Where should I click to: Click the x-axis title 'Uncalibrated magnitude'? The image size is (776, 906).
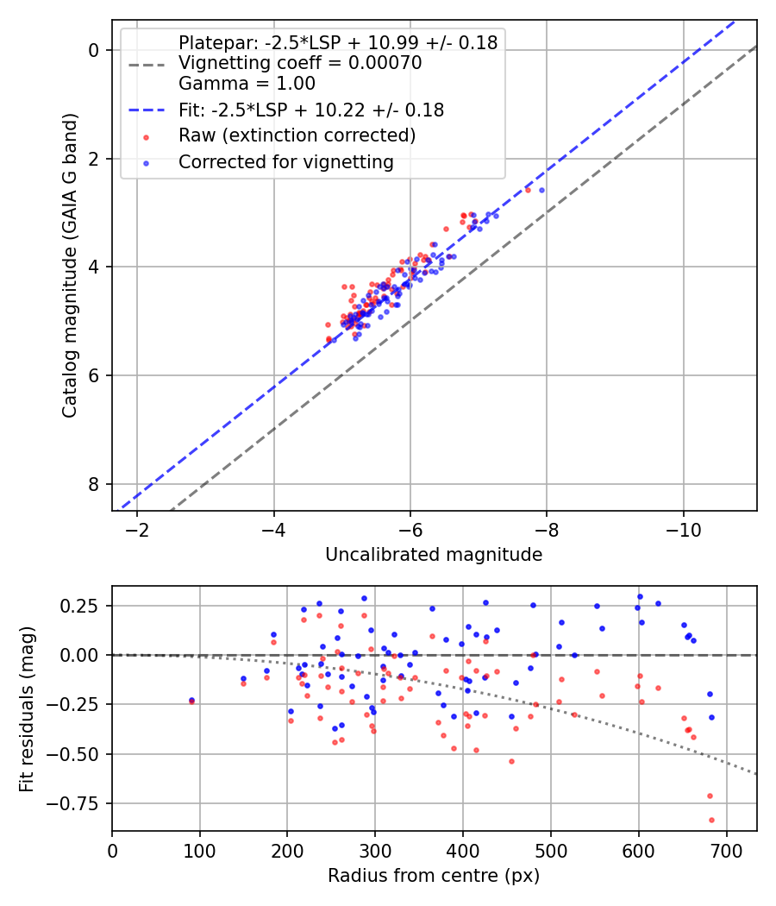434,555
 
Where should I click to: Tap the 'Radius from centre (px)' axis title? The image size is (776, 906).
434,876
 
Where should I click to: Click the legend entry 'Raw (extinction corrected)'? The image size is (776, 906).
297,135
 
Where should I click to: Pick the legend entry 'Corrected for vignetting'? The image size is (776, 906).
286,161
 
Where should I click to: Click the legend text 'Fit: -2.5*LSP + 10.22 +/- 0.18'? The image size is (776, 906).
311,110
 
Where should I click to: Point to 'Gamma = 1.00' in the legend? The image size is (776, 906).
247,84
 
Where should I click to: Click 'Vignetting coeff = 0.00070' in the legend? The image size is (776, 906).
300,63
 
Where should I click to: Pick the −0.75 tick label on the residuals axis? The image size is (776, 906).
80,804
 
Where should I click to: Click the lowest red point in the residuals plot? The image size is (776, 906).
711,820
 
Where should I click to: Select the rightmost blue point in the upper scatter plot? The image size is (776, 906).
541,190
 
